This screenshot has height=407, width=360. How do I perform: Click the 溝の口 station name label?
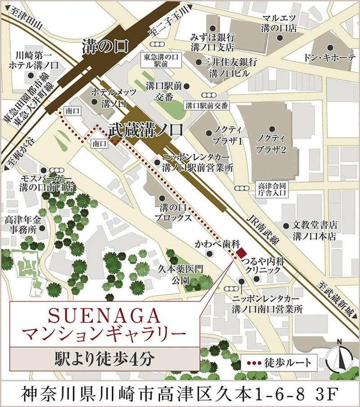point(105,47)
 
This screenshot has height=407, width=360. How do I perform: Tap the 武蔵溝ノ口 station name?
point(145,130)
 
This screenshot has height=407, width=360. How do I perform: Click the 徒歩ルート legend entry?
point(279,362)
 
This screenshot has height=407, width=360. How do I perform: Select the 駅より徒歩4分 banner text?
point(104,359)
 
